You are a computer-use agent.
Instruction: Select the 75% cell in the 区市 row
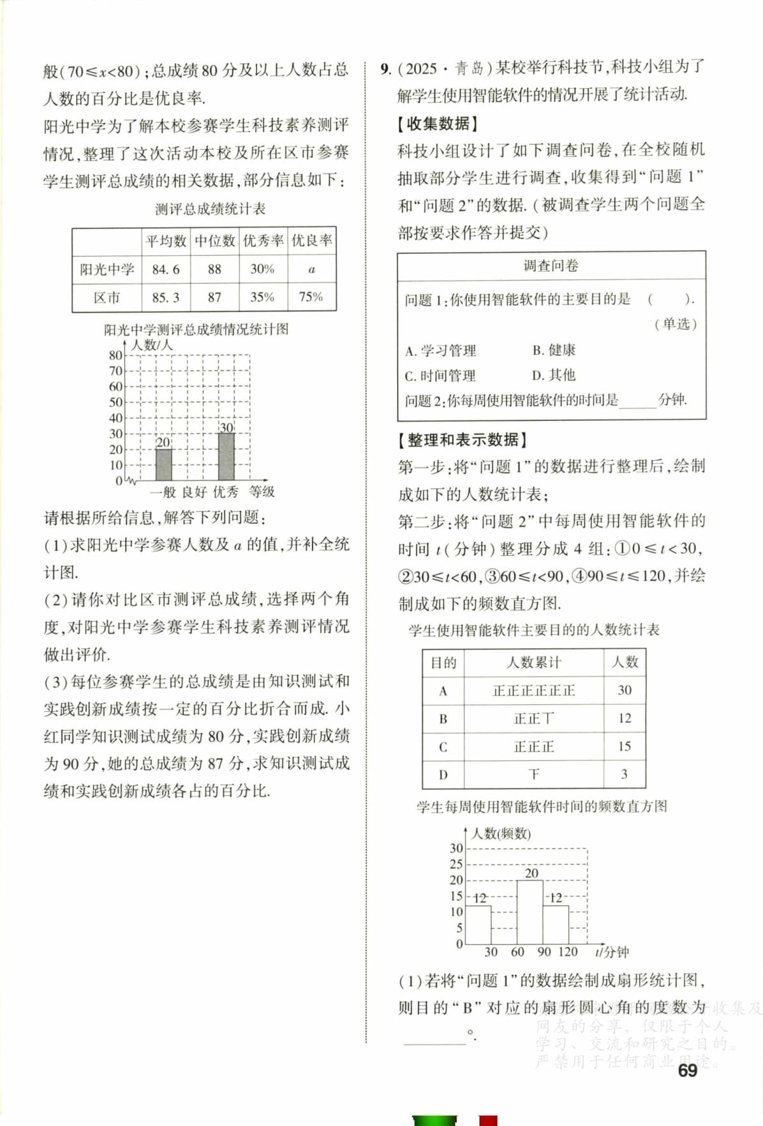click(x=311, y=297)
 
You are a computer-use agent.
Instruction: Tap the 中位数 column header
click(x=214, y=241)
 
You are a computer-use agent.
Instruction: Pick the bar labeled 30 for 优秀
click(x=226, y=456)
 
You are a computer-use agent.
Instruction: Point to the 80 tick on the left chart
click(x=115, y=355)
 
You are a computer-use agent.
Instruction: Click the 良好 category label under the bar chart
click(x=194, y=492)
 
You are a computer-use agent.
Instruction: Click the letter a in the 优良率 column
click(x=311, y=269)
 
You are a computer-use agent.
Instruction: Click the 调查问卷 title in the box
click(x=551, y=266)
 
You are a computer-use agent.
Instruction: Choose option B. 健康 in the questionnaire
click(x=554, y=350)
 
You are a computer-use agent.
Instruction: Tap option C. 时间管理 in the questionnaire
click(x=440, y=376)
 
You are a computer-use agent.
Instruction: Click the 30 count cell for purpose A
click(x=625, y=690)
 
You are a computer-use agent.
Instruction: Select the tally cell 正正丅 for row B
click(x=533, y=718)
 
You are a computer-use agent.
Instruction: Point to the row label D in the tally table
click(x=443, y=774)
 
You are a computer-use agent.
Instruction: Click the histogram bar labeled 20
click(x=530, y=912)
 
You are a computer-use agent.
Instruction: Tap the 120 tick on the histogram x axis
click(x=568, y=952)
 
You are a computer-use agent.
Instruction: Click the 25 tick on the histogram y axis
click(x=456, y=864)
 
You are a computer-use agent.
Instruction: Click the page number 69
click(x=688, y=1071)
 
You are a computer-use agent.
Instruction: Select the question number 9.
click(x=385, y=69)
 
